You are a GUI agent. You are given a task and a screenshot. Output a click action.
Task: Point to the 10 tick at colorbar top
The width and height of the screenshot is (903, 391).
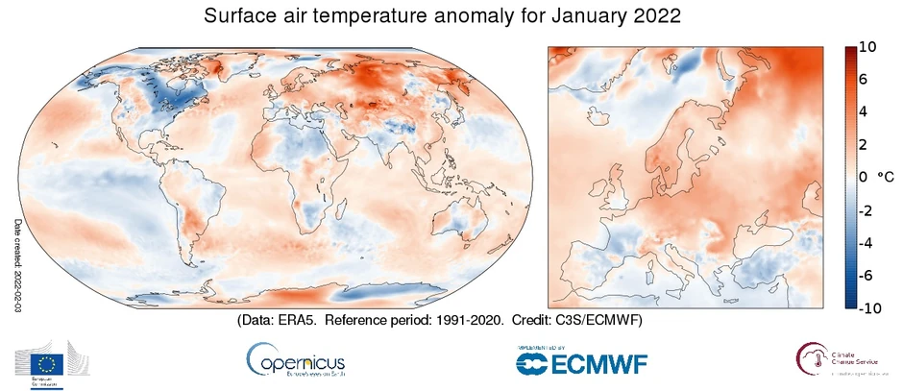pyautogui.click(x=867, y=47)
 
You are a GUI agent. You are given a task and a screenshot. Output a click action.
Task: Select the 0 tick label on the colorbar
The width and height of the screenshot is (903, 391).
pyautogui.click(x=864, y=178)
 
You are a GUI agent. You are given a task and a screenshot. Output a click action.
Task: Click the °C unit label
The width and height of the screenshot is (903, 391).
pyautogui.click(x=886, y=178)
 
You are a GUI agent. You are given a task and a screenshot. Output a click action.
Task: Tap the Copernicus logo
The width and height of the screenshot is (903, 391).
pyautogui.click(x=295, y=362)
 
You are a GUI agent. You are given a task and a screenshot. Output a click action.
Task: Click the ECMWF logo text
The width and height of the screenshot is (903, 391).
pyautogui.click(x=581, y=363)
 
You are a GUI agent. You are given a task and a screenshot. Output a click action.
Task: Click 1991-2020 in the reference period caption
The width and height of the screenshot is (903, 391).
pyautogui.click(x=460, y=320)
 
